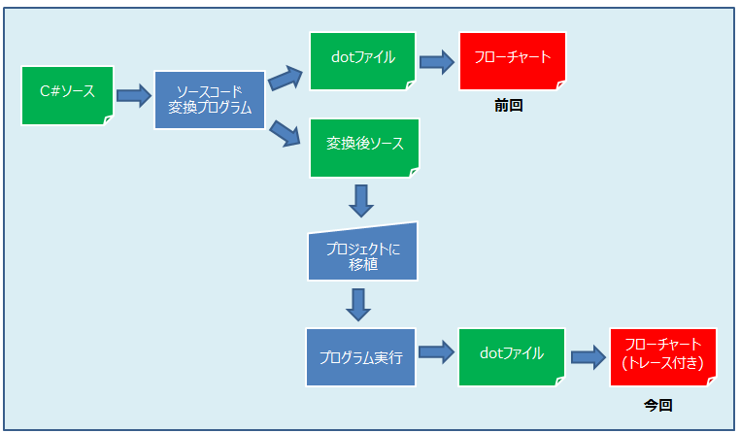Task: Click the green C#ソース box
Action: click(x=67, y=95)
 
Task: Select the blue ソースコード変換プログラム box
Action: click(x=210, y=100)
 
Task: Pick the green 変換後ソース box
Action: click(x=364, y=148)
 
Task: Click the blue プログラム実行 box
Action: click(x=361, y=354)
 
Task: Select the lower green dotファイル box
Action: click(x=511, y=354)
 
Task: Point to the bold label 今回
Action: click(x=657, y=405)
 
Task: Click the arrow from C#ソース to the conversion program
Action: click(x=134, y=95)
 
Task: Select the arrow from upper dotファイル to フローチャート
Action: click(x=437, y=62)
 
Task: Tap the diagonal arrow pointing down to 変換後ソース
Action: click(x=285, y=131)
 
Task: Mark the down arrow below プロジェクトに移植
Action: click(x=359, y=304)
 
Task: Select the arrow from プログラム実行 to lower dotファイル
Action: click(x=437, y=352)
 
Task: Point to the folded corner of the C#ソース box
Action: click(x=108, y=120)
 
